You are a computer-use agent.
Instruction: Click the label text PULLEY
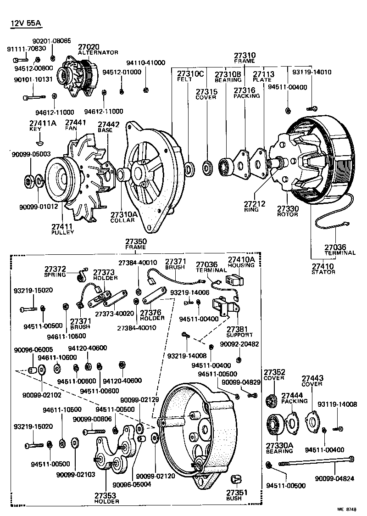tap(62, 233)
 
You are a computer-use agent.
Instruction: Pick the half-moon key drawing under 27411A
tap(40, 138)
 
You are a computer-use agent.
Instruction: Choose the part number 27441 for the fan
tap(74, 122)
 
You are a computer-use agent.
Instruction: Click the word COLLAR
tap(122, 220)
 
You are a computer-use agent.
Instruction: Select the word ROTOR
tap(287, 214)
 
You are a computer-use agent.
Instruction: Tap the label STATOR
tap(323, 272)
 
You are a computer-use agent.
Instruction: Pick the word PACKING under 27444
tap(294, 401)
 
